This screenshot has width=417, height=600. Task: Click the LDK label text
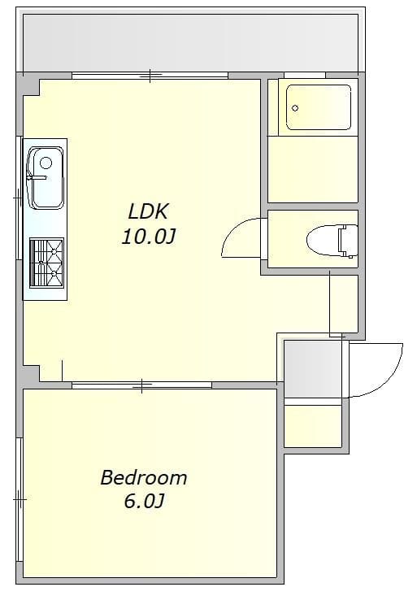tap(148, 211)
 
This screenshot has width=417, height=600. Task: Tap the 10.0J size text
tap(149, 237)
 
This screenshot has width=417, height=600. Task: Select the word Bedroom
tap(144, 477)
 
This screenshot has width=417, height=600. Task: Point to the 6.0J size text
tap(144, 502)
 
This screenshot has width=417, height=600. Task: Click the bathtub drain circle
tap(295, 108)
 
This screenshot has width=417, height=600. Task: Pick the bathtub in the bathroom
tap(319, 107)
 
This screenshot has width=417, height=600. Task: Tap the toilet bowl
tap(324, 240)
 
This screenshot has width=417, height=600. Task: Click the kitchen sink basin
tap(46, 178)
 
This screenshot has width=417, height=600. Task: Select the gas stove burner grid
tap(46, 263)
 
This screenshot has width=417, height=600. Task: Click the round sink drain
tap(46, 163)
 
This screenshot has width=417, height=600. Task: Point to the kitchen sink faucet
tap(37, 177)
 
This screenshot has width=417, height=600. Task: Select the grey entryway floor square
tap(313, 369)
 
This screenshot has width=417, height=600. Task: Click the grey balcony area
tap(190, 43)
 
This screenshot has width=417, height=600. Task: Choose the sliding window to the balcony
tap(150, 76)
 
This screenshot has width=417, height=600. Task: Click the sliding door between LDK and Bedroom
tap(142, 385)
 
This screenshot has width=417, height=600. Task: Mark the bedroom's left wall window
tap(19, 499)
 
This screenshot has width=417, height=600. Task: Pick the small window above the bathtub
tap(305, 75)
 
